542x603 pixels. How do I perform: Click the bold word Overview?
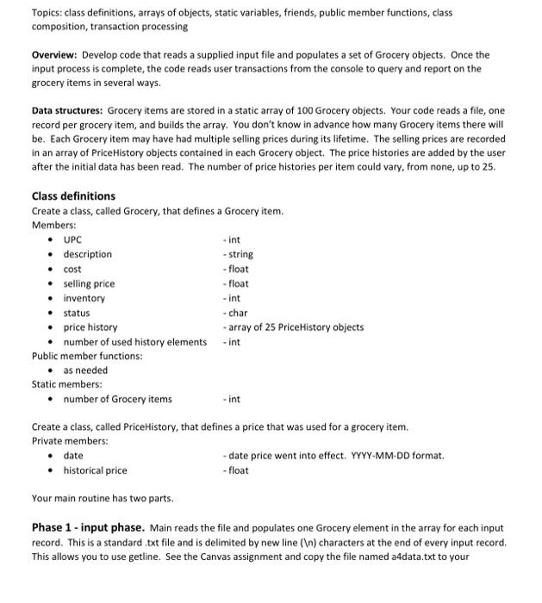pos(57,54)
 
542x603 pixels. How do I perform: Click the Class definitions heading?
pos(72,196)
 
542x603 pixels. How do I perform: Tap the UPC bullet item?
pos(72,239)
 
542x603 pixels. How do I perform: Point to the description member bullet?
pos(87,254)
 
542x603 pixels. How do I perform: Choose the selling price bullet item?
pos(89,283)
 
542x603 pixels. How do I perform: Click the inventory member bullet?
pos(84,298)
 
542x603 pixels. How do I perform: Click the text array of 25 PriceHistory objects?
pos(294,327)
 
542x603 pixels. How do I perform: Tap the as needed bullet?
pos(85,370)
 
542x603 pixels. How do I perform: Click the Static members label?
pos(66,384)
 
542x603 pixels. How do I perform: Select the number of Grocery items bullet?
pos(117,399)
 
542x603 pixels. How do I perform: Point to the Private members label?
pos(69,441)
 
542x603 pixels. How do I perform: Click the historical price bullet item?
pos(95,470)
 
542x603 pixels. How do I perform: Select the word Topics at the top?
pos(47,12)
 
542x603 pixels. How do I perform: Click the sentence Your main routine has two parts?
pos(102,498)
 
